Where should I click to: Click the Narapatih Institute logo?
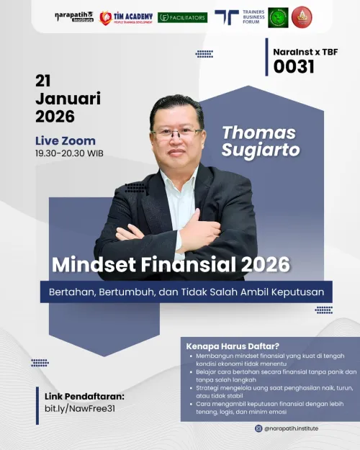[74, 16]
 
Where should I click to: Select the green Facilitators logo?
[182, 17]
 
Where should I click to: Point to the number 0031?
[294, 67]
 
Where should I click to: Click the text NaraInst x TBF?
[305, 52]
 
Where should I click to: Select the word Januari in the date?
[68, 98]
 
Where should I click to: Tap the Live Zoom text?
[65, 140]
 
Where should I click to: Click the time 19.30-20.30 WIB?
[68, 153]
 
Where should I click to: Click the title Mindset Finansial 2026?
[171, 265]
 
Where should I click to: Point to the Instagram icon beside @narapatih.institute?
[258, 428]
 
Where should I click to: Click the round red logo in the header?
[302, 17]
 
